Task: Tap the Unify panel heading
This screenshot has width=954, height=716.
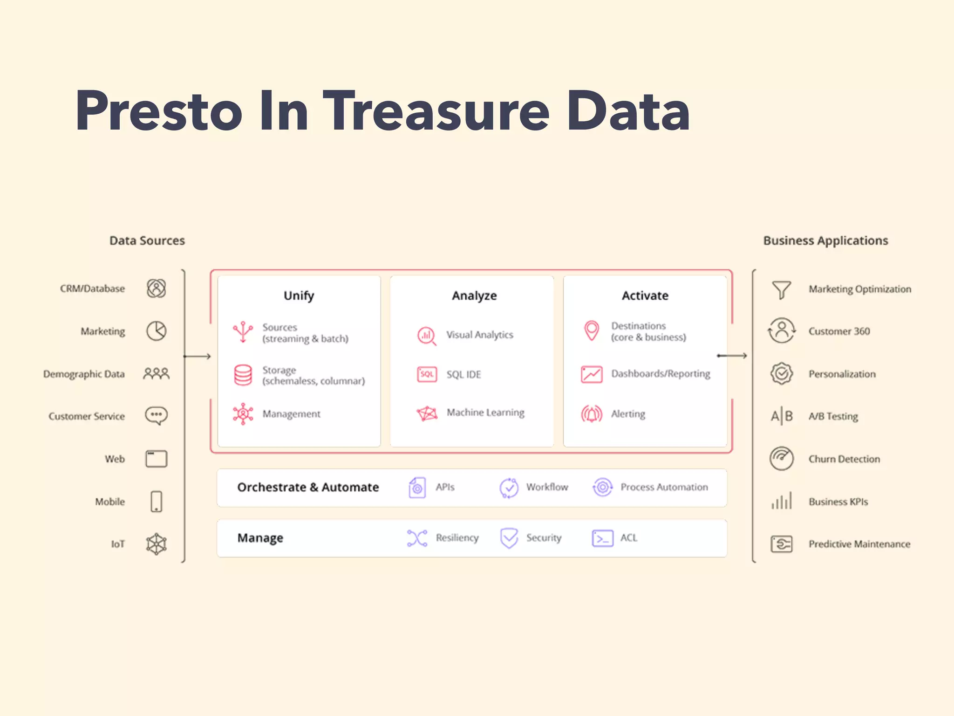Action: tap(299, 296)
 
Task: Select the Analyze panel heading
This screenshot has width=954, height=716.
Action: tap(474, 296)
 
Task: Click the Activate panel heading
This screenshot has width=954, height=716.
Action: tap(645, 296)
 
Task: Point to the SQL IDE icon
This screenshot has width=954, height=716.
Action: tap(427, 374)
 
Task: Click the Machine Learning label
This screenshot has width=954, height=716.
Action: tap(485, 413)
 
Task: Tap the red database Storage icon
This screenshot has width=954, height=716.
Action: tap(243, 375)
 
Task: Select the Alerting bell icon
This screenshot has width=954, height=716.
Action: tap(592, 414)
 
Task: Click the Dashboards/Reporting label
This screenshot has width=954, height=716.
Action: tap(661, 374)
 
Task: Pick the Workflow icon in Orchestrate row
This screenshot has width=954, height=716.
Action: tap(509, 488)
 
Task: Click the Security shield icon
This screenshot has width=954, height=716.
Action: tap(509, 538)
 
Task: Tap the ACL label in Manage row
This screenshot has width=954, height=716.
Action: tap(628, 538)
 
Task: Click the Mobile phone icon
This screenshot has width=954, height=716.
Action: tap(157, 502)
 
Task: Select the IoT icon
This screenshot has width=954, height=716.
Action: tap(157, 544)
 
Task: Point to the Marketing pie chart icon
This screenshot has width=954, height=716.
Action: tap(157, 331)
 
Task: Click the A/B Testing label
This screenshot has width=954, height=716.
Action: tap(833, 416)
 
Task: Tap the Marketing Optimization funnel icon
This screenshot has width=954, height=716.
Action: tap(782, 289)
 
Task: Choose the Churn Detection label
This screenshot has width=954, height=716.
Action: tap(844, 459)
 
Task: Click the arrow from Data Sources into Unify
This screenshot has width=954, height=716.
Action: tap(198, 357)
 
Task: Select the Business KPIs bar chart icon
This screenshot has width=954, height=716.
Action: tap(782, 501)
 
